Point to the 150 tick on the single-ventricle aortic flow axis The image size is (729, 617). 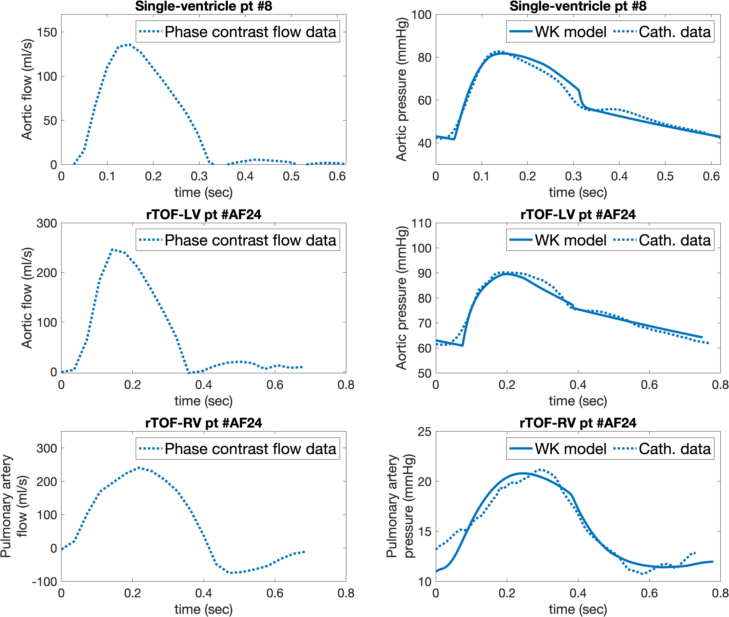pyautogui.click(x=47, y=32)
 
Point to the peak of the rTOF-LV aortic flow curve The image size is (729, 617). pyautogui.click(x=112, y=249)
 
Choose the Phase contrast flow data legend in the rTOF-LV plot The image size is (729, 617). pyautogui.click(x=238, y=240)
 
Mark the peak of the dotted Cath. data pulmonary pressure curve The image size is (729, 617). pyautogui.click(x=541, y=470)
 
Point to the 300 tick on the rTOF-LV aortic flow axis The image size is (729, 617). pyautogui.click(x=47, y=223)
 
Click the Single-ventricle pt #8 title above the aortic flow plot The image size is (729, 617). pyautogui.click(x=204, y=6)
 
